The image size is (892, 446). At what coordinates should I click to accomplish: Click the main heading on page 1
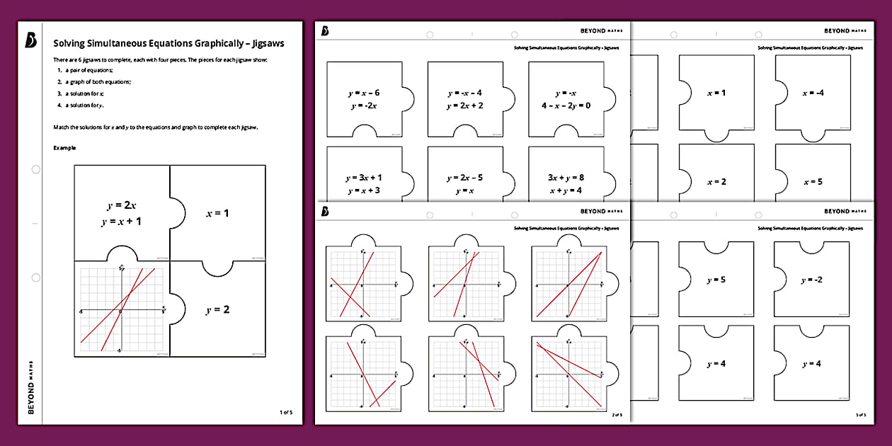(x=169, y=43)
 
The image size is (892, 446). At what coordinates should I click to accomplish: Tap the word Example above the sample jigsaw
(x=65, y=148)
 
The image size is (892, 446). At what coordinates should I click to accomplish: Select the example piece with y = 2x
(x=122, y=213)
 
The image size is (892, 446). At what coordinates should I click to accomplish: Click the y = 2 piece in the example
(x=217, y=309)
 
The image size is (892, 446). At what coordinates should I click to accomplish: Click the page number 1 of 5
(x=285, y=411)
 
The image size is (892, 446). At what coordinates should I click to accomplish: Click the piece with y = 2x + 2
(x=464, y=99)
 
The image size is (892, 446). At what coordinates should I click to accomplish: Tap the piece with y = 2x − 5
(x=464, y=183)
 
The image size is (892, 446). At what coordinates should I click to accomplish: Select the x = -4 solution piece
(x=813, y=93)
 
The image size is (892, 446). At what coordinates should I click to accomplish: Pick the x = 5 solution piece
(x=813, y=181)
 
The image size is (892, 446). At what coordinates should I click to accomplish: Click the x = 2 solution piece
(x=716, y=181)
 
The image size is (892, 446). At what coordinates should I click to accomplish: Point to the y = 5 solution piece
(x=716, y=280)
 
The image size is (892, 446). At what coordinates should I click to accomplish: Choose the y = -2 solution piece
(x=811, y=280)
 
